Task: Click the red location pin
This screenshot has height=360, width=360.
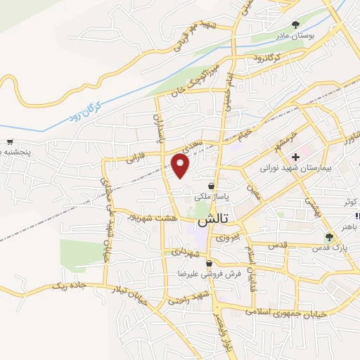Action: [x=181, y=166]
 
